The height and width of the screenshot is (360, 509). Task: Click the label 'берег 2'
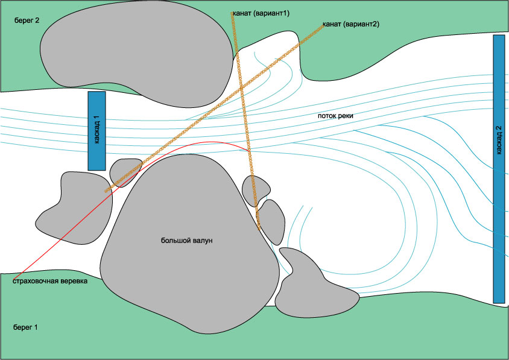[28, 20]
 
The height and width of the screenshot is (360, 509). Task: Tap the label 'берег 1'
[25, 327]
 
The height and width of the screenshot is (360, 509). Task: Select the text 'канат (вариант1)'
[261, 13]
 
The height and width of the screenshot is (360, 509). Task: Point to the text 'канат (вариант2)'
[351, 24]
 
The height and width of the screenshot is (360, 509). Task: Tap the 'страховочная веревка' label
[50, 281]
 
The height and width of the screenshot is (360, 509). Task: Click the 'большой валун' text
[187, 241]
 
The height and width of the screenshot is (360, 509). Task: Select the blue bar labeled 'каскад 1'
[96, 130]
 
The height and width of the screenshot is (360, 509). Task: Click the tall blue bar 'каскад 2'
[498, 169]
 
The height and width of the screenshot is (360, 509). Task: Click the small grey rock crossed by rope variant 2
[124, 172]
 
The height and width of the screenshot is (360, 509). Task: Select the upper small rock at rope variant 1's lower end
[255, 190]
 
